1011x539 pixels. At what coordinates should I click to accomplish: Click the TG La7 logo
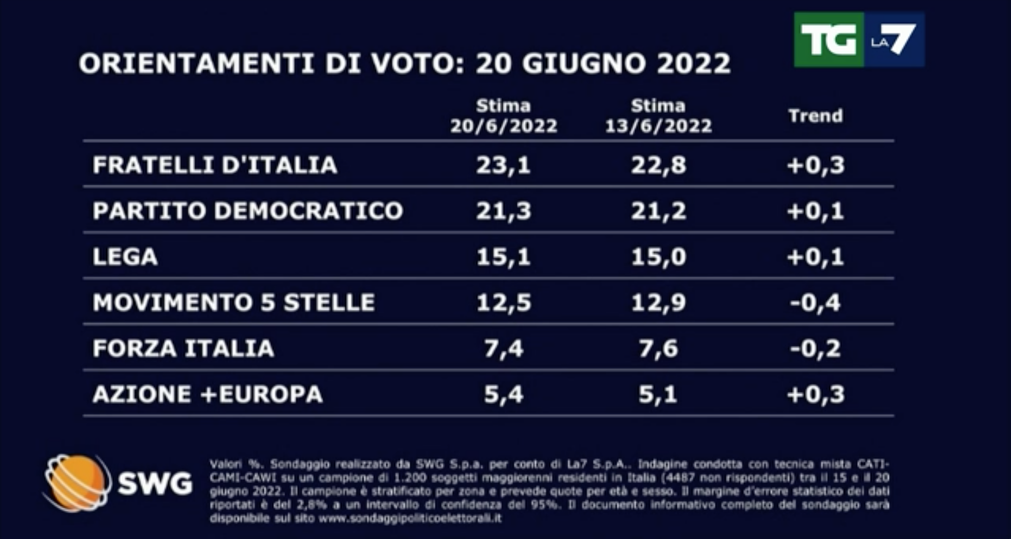[859, 40]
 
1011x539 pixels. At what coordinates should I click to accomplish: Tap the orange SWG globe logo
[77, 483]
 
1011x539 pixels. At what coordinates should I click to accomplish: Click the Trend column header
[815, 116]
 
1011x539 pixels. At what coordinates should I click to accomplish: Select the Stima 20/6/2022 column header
[503, 116]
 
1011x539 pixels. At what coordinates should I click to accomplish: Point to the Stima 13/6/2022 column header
[658, 116]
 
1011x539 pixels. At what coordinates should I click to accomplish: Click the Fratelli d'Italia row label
[215, 165]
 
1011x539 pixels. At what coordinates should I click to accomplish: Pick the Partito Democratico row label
[247, 211]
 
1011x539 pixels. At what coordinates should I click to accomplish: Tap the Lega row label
[125, 257]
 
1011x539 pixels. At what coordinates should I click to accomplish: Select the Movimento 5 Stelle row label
[233, 303]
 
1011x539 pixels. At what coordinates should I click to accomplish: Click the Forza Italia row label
[183, 349]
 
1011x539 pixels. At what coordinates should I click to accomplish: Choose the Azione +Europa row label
[207, 394]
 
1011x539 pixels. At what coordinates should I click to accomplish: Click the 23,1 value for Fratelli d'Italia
[503, 165]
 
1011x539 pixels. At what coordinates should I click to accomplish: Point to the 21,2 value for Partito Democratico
[658, 211]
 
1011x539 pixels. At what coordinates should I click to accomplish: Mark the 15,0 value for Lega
[658, 257]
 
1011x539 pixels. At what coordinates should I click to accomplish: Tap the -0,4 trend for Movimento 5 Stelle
[815, 303]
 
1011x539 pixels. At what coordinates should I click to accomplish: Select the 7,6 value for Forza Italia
[658, 349]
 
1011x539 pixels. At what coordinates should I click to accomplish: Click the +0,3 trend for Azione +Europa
[815, 394]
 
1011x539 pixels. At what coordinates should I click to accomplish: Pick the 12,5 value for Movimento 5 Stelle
[503, 303]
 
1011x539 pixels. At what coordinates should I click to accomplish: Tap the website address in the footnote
[409, 518]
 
